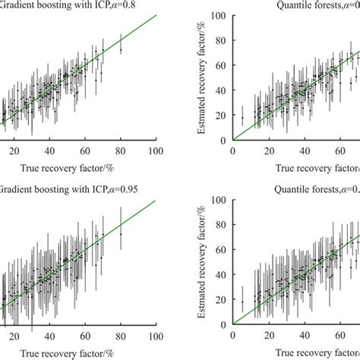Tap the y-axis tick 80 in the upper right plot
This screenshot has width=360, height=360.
point(220,41)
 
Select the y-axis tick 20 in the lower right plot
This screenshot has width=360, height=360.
point(220,300)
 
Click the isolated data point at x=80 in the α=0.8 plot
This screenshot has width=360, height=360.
point(120,49)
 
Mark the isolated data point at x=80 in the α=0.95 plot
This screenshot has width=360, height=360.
point(120,234)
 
